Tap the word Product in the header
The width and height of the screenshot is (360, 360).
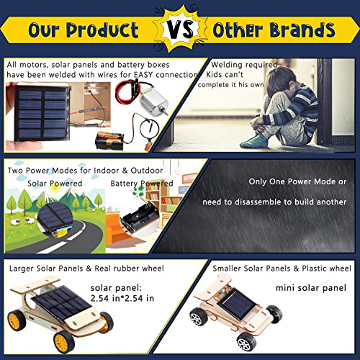[100, 30]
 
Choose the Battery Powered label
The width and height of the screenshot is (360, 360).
[142, 184]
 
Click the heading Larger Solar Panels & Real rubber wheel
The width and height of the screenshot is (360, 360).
[86, 269]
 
